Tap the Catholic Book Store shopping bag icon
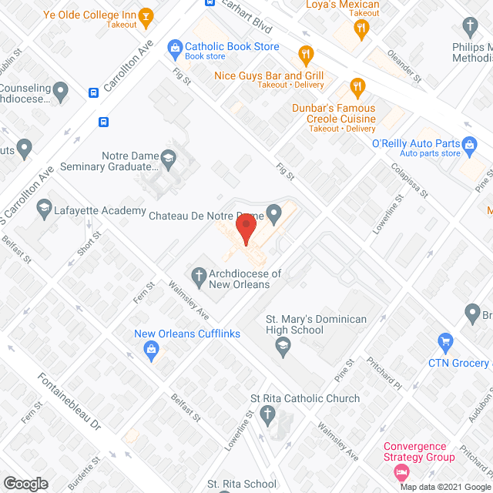tap(175, 48)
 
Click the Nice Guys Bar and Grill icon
tap(306, 55)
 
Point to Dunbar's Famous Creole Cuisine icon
tap(356, 86)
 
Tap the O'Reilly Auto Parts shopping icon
tap(467, 143)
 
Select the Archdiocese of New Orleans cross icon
tap(198, 274)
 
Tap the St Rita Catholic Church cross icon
tap(267, 417)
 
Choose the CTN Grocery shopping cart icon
tap(444, 340)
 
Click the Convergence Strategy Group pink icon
tap(400, 471)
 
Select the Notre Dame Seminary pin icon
tap(172, 160)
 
